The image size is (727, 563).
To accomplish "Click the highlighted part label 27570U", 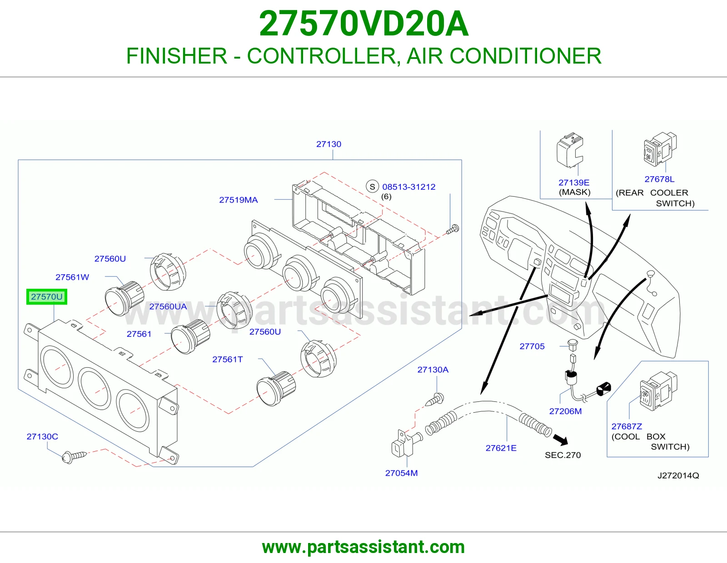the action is [47, 296].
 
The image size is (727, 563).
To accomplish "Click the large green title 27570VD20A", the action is [363, 24].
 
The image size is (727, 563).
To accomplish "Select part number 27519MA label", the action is [238, 200].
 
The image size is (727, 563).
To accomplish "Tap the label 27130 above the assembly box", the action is [329, 144].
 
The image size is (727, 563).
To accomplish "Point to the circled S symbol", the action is [373, 187].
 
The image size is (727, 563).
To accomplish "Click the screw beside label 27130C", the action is [74, 456].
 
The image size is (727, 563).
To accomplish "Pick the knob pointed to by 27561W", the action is [124, 299].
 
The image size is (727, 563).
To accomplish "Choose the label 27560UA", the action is [168, 306].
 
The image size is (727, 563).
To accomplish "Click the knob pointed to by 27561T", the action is [276, 389].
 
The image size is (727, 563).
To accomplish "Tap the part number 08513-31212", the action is [409, 187].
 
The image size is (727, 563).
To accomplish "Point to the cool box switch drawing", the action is [658, 390].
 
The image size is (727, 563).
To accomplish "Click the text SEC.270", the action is [563, 455].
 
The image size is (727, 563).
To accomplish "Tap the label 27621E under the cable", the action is [501, 448].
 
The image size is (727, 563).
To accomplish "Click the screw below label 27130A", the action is [434, 400].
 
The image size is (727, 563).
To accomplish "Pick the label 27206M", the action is [565, 411].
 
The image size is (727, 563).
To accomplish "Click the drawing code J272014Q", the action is [678, 475].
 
